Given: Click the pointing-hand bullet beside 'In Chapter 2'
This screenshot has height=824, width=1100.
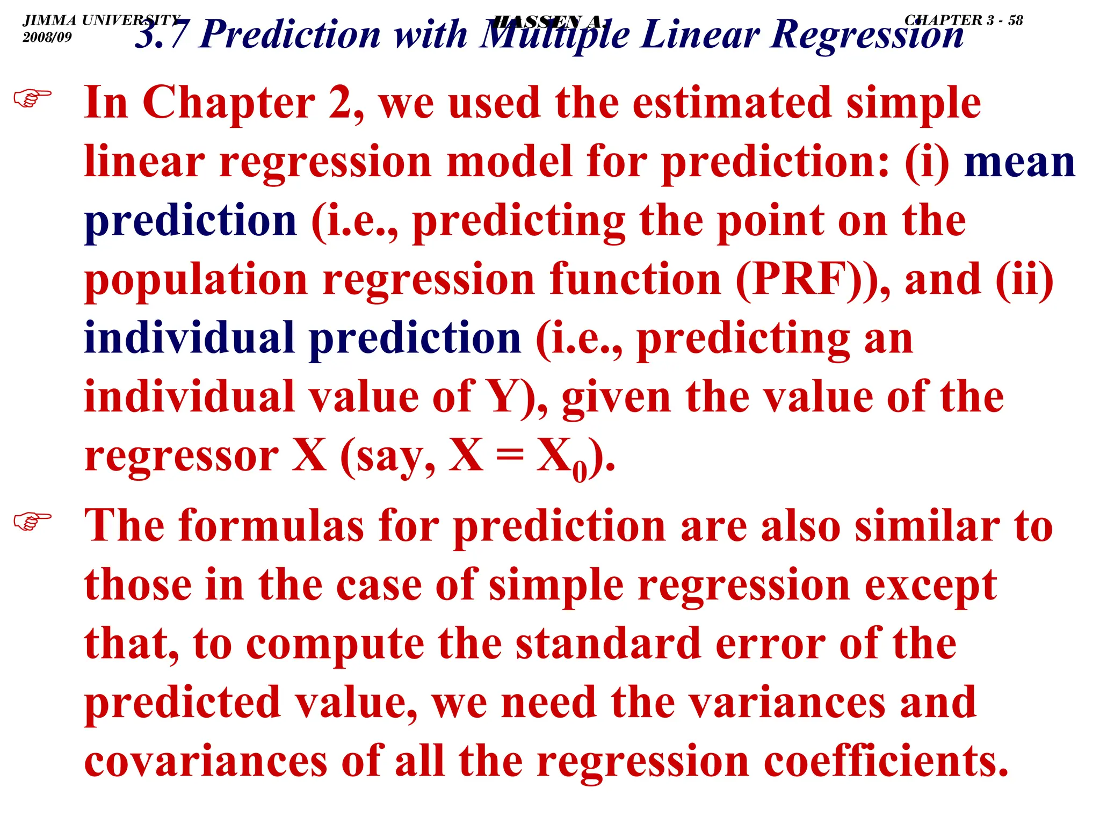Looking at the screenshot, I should [x=33, y=98].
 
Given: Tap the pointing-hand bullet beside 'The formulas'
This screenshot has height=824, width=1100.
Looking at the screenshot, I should [x=33, y=521].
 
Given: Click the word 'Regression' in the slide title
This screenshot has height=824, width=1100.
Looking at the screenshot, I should [x=866, y=35].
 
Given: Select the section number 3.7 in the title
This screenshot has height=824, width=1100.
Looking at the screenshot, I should [x=161, y=35].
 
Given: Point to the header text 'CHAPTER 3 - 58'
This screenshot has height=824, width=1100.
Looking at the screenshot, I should [x=964, y=20].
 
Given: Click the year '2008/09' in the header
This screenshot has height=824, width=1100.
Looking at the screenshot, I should [x=47, y=37].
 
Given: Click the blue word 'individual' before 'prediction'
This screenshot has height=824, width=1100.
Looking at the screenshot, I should [x=190, y=338].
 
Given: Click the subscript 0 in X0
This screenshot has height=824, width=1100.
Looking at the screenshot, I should [x=580, y=472].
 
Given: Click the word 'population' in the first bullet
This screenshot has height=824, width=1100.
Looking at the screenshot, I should [x=196, y=280].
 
